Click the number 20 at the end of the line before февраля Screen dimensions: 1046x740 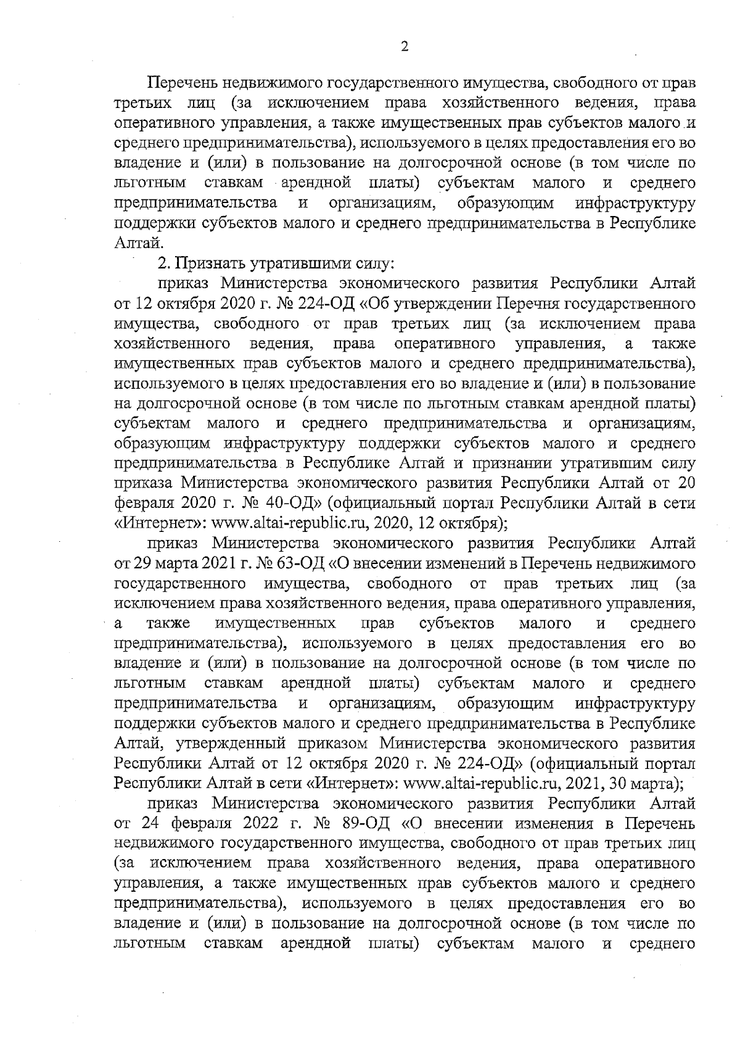point(686,484)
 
